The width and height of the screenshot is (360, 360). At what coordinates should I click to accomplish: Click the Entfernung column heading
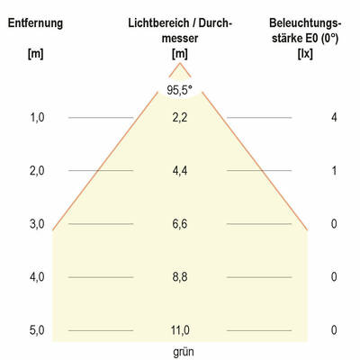(35, 22)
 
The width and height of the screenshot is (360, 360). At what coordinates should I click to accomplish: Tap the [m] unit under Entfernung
(35, 55)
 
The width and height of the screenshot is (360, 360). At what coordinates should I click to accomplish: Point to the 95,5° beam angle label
(180, 90)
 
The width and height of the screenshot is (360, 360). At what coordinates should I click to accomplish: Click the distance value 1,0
(35, 118)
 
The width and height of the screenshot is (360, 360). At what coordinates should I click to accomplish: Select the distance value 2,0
(35, 171)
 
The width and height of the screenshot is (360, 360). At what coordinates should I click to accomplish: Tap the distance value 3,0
(35, 224)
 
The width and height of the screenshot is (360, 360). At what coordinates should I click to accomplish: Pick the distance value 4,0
(35, 277)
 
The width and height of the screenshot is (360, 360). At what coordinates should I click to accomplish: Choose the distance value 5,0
(35, 330)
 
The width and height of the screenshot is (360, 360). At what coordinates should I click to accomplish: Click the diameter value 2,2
(180, 118)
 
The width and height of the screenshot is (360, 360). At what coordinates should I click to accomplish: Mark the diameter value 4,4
(180, 171)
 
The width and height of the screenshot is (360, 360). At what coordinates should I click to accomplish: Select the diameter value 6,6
(180, 224)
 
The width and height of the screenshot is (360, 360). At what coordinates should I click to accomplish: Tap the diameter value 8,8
(180, 277)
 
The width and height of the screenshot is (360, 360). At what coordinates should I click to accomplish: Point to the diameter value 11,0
(180, 330)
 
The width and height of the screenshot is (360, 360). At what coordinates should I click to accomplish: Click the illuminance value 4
(333, 118)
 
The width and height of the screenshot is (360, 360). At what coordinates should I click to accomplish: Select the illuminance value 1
(333, 171)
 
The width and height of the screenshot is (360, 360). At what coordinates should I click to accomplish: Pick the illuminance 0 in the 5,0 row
(333, 330)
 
